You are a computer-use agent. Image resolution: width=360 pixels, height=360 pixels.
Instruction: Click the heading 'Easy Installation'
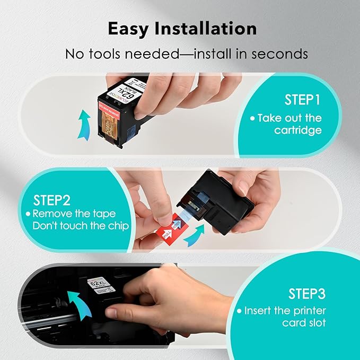tap(182, 29)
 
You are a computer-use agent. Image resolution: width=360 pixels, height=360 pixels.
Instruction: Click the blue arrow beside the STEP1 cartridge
tap(83, 125)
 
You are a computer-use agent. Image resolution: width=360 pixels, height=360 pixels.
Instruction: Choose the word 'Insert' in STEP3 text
tap(258, 311)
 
